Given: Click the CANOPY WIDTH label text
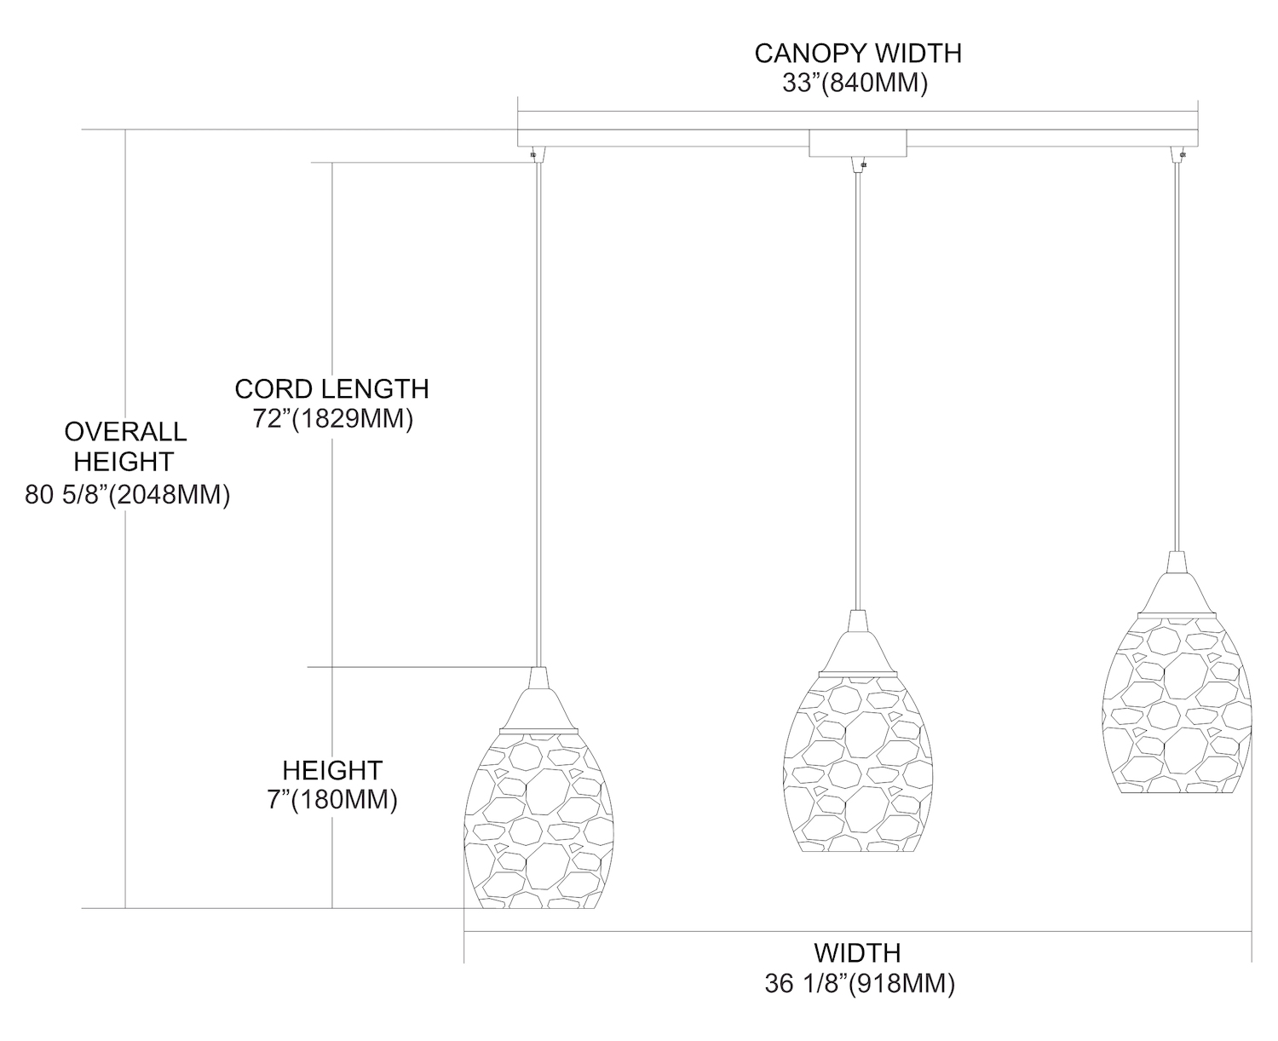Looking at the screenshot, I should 857,54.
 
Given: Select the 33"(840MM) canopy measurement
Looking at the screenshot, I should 855,84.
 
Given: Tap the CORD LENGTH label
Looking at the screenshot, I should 331,389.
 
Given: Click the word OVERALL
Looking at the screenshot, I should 125,431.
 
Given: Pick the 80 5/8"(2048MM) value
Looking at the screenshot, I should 128,496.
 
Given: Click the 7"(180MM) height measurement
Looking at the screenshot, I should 332,801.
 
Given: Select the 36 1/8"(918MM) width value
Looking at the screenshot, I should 860,984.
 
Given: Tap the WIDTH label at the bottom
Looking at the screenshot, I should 857,952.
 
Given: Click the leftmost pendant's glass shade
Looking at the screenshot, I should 538,818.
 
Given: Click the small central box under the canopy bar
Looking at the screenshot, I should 857,144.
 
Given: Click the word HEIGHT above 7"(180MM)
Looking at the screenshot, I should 332,770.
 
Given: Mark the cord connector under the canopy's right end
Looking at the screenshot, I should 1182,155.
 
